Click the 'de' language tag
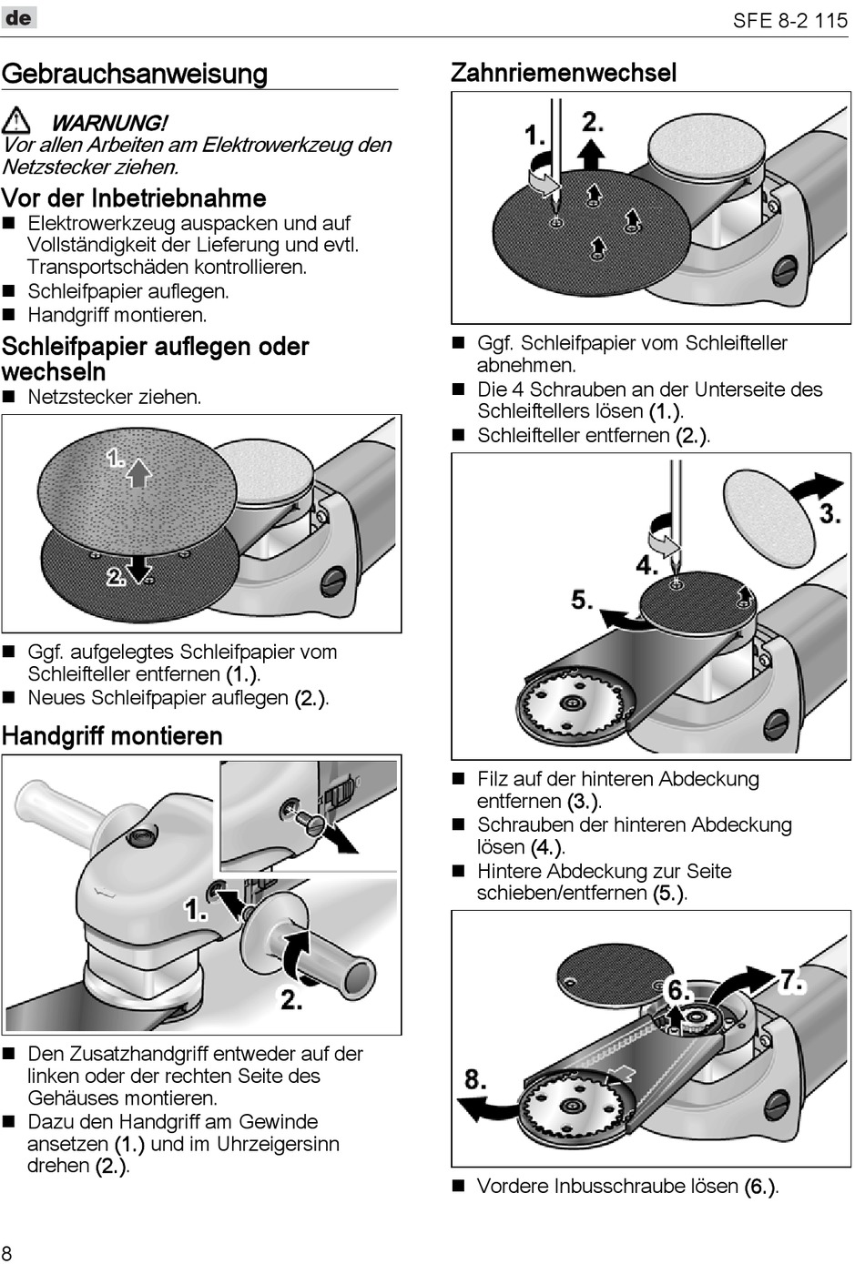click(x=18, y=17)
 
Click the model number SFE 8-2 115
click(x=789, y=20)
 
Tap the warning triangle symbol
click(x=16, y=120)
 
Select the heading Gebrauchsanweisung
click(x=135, y=74)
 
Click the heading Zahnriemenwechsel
click(x=564, y=73)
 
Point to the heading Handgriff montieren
click(x=112, y=735)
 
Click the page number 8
click(x=7, y=1251)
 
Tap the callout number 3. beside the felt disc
click(x=829, y=513)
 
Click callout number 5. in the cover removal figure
click(x=583, y=600)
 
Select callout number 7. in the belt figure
click(x=792, y=980)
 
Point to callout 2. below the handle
click(x=291, y=1000)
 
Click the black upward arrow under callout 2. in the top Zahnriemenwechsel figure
click(x=592, y=155)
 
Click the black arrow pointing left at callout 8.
click(x=483, y=1107)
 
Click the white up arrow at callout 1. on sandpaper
click(x=137, y=472)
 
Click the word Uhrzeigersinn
click(x=277, y=1144)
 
